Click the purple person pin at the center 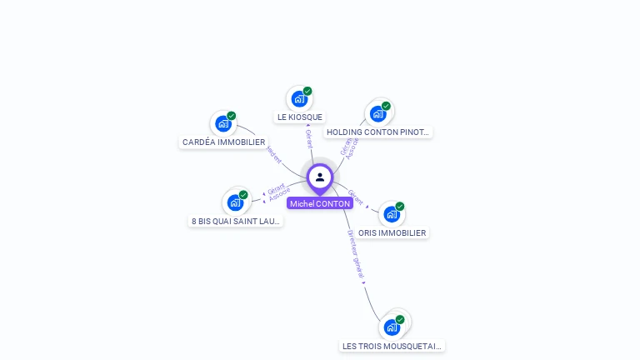point(320,177)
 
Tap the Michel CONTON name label point(320,203)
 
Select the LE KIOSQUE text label point(300,117)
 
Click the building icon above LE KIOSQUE point(298,98)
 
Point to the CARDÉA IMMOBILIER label point(223,142)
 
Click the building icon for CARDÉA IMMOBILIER point(222,123)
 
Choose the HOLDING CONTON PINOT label point(378,132)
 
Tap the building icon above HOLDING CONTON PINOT point(377,113)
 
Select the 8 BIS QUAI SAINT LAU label point(236,221)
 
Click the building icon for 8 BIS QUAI point(236,202)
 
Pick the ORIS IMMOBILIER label point(392,233)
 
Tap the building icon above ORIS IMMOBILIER point(391,214)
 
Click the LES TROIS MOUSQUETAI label point(392,346)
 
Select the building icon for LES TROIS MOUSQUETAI point(392,327)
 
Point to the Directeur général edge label point(356,255)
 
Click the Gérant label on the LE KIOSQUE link point(308,138)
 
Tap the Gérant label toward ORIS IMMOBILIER point(356,197)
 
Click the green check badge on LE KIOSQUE point(307,91)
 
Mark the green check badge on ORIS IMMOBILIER point(400,207)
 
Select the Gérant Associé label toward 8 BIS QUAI point(277,192)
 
